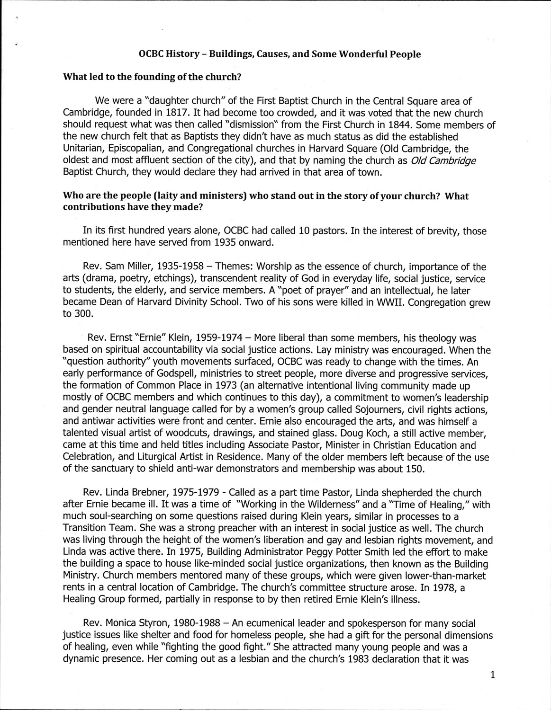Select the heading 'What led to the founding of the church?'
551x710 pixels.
(150, 77)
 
